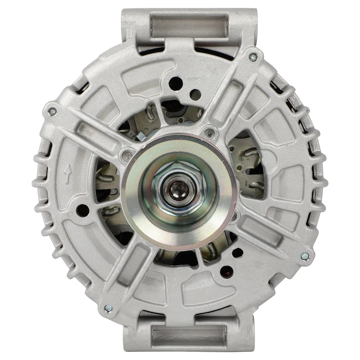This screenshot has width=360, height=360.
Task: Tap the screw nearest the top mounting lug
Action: (x=253, y=57)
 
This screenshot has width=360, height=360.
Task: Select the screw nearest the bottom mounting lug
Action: (x=108, y=308)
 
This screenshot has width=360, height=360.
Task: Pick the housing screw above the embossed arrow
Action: (x=52, y=111)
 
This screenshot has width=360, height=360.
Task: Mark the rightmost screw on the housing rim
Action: (x=305, y=256)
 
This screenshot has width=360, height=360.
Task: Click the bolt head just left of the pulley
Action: (x=127, y=155)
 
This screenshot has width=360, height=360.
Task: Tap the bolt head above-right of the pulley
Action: (x=210, y=132)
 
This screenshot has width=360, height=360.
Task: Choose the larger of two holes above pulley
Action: (x=175, y=83)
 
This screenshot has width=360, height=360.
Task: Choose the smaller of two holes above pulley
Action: (x=194, y=94)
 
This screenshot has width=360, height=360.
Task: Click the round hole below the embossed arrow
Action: (x=82, y=210)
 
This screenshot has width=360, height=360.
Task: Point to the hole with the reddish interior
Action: (x=226, y=270)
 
